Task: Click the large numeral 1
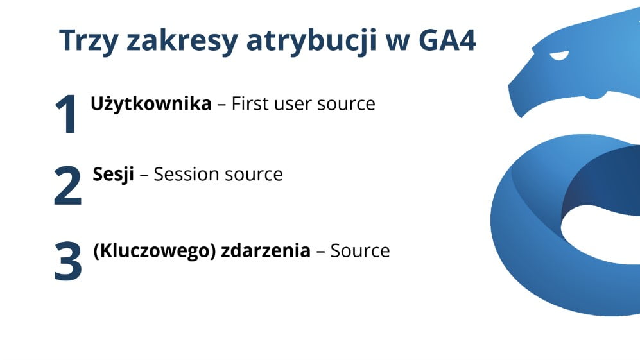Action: [66, 114]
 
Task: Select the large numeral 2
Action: [67, 185]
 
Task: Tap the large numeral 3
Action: [67, 261]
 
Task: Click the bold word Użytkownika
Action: [151, 104]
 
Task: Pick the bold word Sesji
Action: [114, 174]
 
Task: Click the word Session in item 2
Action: [184, 174]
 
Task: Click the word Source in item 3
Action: [360, 250]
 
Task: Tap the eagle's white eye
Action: [560, 56]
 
